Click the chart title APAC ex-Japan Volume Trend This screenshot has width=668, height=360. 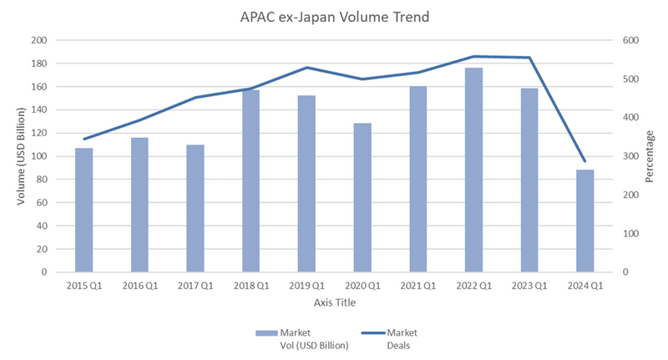[x=335, y=17]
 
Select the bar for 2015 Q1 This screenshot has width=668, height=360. [x=84, y=210]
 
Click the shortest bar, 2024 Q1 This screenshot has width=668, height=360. [x=585, y=221]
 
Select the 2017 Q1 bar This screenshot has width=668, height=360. [x=195, y=208]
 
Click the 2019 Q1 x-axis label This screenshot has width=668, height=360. [x=307, y=286]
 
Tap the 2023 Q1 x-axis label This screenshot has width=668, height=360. [x=529, y=286]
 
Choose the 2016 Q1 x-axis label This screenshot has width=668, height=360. [x=140, y=286]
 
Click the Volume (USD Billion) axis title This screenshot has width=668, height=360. [x=19, y=156]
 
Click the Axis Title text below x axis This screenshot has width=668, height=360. [x=335, y=302]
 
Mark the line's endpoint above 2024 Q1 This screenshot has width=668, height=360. [x=585, y=161]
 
